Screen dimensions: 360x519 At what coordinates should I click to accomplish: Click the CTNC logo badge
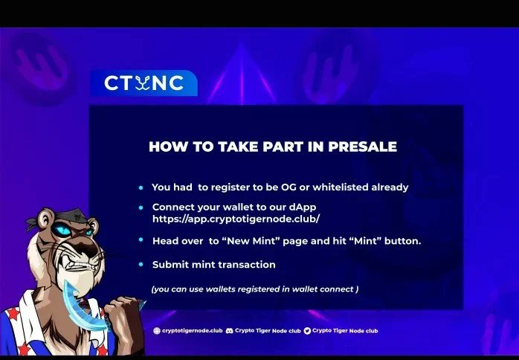pyautogui.click(x=144, y=83)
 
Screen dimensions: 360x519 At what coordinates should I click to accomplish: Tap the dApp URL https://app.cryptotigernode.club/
pyautogui.click(x=236, y=219)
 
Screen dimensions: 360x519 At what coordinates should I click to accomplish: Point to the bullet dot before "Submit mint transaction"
pyautogui.click(x=141, y=264)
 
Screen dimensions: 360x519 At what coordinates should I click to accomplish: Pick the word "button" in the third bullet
pyautogui.click(x=402, y=240)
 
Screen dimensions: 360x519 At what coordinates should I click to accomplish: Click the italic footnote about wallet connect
pyautogui.click(x=254, y=289)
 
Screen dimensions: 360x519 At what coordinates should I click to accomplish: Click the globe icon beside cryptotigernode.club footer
pyautogui.click(x=157, y=330)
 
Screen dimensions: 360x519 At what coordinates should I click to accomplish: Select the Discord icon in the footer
pyautogui.click(x=230, y=330)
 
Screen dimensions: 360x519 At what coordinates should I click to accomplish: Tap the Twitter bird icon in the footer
pyautogui.click(x=307, y=330)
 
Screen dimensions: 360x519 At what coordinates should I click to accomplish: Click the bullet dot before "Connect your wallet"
pyautogui.click(x=141, y=206)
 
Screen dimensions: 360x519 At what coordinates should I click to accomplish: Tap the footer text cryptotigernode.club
pyautogui.click(x=193, y=330)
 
